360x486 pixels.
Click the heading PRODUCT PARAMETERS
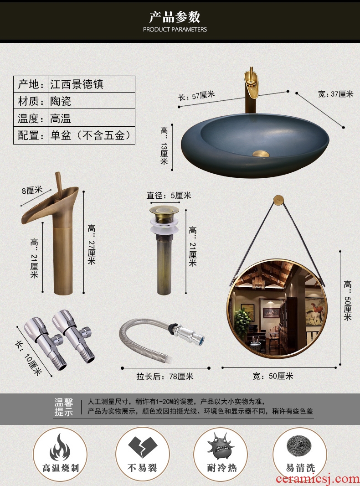[175, 30]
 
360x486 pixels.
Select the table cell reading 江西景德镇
[92, 84]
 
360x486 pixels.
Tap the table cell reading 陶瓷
[92, 101]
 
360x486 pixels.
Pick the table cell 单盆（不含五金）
[92, 135]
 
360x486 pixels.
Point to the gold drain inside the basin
[261, 153]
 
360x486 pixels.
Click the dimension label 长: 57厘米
[196, 95]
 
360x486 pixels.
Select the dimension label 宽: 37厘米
[335, 93]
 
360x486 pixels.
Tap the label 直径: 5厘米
[169, 195]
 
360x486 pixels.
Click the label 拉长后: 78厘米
[165, 376]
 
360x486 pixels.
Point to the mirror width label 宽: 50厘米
[273, 376]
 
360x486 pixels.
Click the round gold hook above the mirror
[278, 200]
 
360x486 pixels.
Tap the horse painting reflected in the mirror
[314, 311]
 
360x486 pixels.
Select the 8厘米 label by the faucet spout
[32, 190]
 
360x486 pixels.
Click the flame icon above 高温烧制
[60, 447]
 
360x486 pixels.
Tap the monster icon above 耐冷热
[220, 446]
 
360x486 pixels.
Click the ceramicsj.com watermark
[317, 479]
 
